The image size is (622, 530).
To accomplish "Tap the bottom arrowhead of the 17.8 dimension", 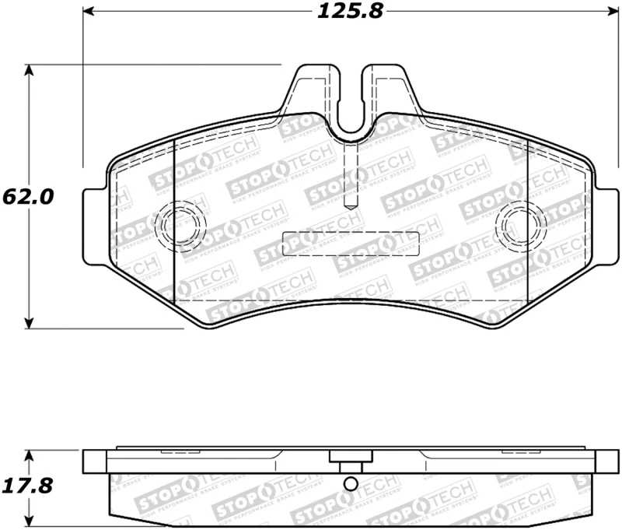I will pyautogui.click(x=30, y=522).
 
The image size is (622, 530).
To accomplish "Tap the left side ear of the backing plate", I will pyautogui.click(x=93, y=226).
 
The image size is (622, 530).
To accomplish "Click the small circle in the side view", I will pyautogui.click(x=351, y=485).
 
